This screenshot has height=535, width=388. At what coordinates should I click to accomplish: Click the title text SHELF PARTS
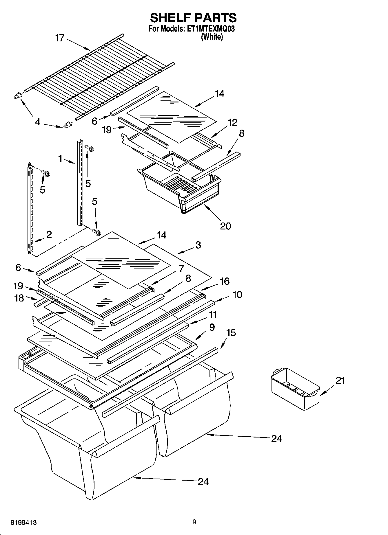[193, 18]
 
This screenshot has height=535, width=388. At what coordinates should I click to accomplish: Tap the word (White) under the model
[212, 37]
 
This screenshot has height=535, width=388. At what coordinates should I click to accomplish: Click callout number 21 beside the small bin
[340, 380]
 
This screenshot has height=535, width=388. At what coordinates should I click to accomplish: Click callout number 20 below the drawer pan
[225, 226]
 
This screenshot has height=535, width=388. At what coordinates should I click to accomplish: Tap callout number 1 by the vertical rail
[60, 159]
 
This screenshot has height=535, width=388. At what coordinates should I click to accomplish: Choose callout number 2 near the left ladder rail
[49, 234]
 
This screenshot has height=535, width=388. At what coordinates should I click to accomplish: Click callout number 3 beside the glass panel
[198, 245]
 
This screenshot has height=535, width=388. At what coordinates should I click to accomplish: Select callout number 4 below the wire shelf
[38, 122]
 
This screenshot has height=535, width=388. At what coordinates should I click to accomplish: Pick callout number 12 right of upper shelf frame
[232, 122]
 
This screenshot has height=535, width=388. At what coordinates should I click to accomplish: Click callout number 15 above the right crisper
[231, 333]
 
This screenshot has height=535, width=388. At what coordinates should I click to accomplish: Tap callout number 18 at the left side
[19, 298]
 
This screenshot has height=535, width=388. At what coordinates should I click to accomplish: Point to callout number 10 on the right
[237, 295]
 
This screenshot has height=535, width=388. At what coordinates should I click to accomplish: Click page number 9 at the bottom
[194, 522]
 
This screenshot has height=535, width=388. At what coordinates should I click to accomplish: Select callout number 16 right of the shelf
[225, 281]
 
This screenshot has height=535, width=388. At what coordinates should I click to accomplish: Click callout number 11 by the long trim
[213, 315]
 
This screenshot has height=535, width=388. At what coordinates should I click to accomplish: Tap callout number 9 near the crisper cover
[212, 328]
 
